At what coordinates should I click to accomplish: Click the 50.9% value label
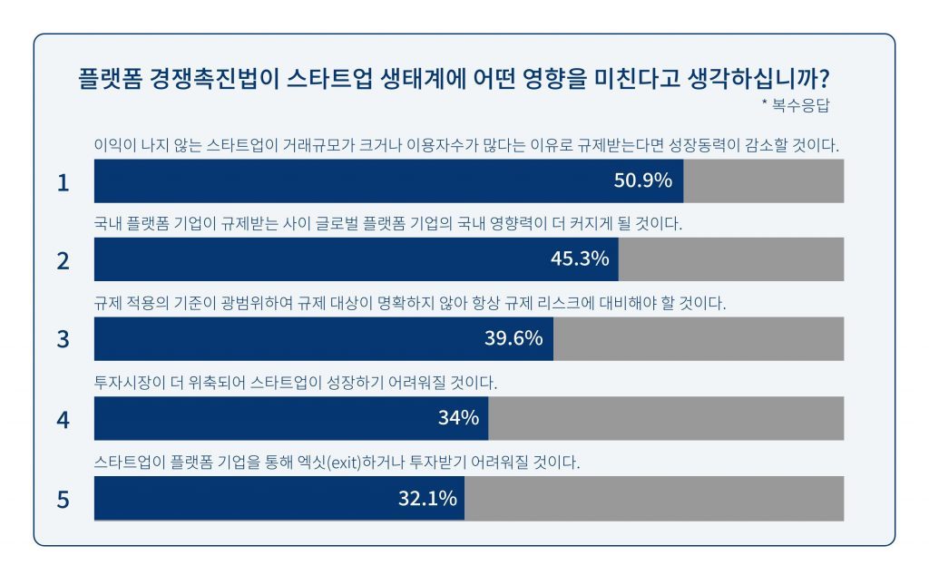[642, 180]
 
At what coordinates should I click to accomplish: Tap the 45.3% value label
[579, 259]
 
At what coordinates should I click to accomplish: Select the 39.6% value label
[513, 339]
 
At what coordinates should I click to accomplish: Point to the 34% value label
[457, 418]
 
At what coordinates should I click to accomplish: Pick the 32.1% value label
[426, 498]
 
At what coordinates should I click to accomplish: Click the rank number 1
[63, 183]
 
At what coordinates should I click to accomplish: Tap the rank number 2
[63, 261]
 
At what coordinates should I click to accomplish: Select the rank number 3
[63, 340]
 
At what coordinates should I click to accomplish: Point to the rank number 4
[63, 420]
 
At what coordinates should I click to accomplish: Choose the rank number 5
[63, 500]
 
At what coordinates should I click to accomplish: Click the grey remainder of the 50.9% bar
[763, 180]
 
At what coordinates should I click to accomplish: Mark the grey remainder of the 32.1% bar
[653, 498]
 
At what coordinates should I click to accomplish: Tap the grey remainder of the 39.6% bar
[699, 339]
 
